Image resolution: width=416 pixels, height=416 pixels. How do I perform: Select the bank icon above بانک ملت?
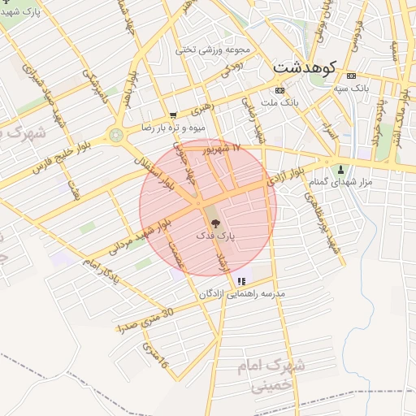point(280,90)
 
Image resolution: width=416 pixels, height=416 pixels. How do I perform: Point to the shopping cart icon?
point(173,115)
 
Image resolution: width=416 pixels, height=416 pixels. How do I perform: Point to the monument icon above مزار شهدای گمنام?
point(340,171)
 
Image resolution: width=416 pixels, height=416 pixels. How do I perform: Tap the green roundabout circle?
point(118,133)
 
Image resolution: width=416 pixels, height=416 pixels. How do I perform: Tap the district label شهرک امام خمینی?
point(269,375)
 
